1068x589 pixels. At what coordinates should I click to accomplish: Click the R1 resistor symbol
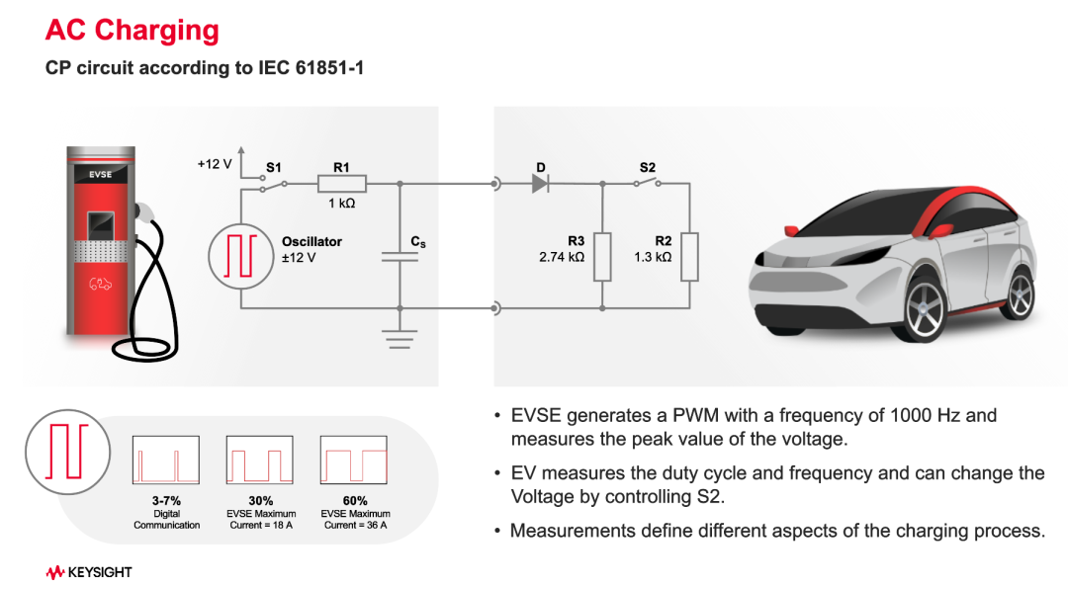(341, 184)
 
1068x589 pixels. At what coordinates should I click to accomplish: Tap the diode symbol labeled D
(540, 183)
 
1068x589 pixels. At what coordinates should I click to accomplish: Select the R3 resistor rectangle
(601, 257)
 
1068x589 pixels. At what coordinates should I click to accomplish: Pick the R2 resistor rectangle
(690, 257)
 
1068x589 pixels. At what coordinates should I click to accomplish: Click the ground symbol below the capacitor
(400, 339)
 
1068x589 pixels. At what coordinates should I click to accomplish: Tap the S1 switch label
(274, 168)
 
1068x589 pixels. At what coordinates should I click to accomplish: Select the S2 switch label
(648, 168)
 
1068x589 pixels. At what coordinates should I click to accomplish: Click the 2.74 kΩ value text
(562, 257)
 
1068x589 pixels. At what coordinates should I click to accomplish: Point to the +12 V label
(214, 164)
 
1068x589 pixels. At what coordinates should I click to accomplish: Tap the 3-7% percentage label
(166, 501)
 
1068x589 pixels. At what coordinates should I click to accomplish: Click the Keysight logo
(89, 572)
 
